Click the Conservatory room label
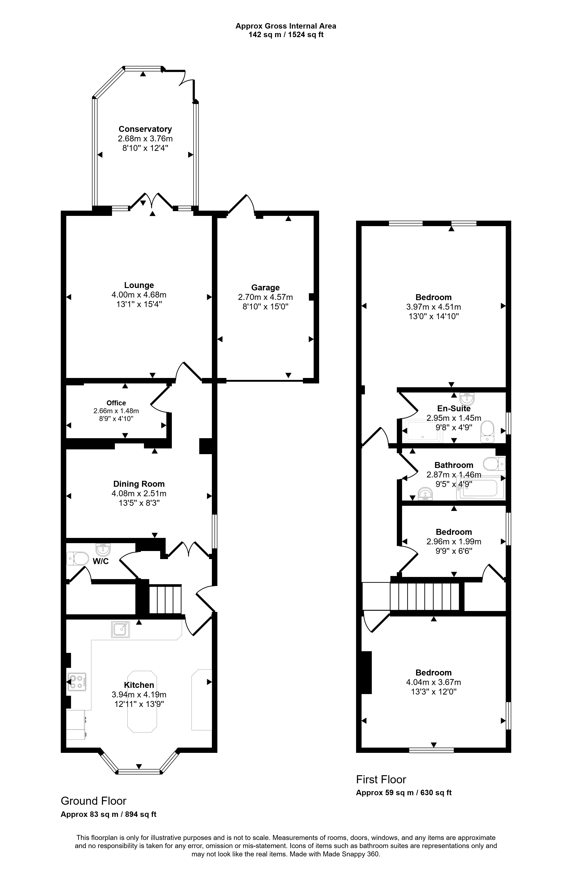[x=145, y=129]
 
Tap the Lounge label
[x=139, y=285]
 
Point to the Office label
[x=116, y=403]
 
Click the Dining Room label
[x=139, y=484]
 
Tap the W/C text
[x=101, y=561]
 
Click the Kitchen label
[x=139, y=685]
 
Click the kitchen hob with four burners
[x=77, y=682]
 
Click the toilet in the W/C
[x=77, y=559]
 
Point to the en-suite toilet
[x=487, y=432]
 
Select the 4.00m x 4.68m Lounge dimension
[x=139, y=295]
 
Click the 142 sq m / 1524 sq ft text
[x=286, y=35]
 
